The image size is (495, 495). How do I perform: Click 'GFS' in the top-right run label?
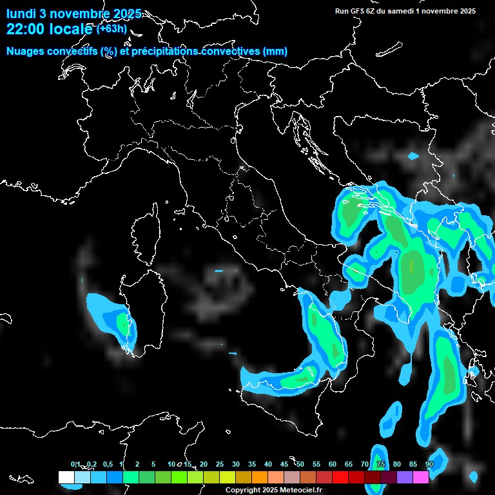pyautogui.click(x=360, y=11)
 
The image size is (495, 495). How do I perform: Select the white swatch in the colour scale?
pyautogui.click(x=66, y=477)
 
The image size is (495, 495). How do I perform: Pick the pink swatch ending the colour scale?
pyautogui.click(x=420, y=477)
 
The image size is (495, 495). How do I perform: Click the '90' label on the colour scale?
pyautogui.click(x=429, y=464)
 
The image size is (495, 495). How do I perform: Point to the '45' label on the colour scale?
pyautogui.click(x=284, y=464)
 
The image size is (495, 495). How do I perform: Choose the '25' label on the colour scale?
pyautogui.click(x=220, y=464)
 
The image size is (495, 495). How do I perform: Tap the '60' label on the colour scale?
pyautogui.click(x=333, y=464)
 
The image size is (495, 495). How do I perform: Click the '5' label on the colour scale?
pyautogui.click(x=153, y=464)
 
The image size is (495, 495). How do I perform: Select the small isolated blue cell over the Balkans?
pyautogui.click(x=413, y=156)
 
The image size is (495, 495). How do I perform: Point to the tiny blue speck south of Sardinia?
pyautogui.click(x=233, y=354)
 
